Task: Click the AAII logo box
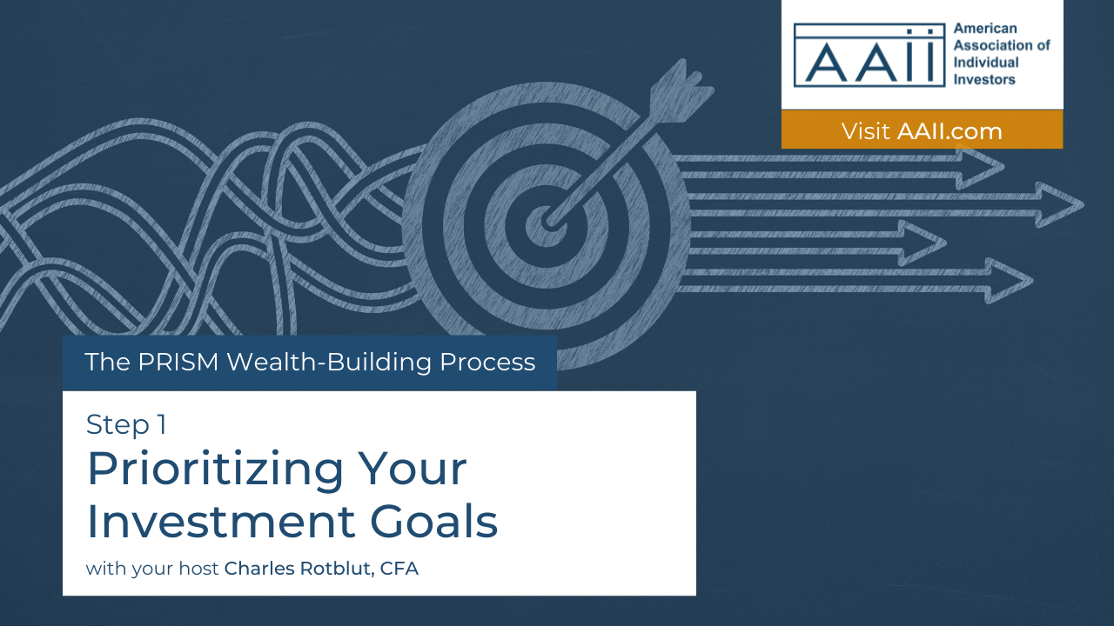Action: (x=869, y=55)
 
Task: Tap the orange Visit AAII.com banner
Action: (x=922, y=130)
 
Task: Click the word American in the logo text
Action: (x=985, y=29)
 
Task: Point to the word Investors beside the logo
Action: (x=984, y=79)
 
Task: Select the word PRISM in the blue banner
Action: (x=178, y=362)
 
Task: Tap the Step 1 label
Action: (x=126, y=425)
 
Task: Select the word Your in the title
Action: (x=412, y=469)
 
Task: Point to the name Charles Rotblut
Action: (x=298, y=569)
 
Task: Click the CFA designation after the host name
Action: (x=399, y=569)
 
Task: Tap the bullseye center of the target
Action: (x=546, y=224)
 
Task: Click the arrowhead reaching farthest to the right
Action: (x=1059, y=204)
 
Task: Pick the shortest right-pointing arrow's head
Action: (x=922, y=243)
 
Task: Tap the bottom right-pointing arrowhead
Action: (x=1009, y=281)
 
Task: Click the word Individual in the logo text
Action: (x=986, y=62)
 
